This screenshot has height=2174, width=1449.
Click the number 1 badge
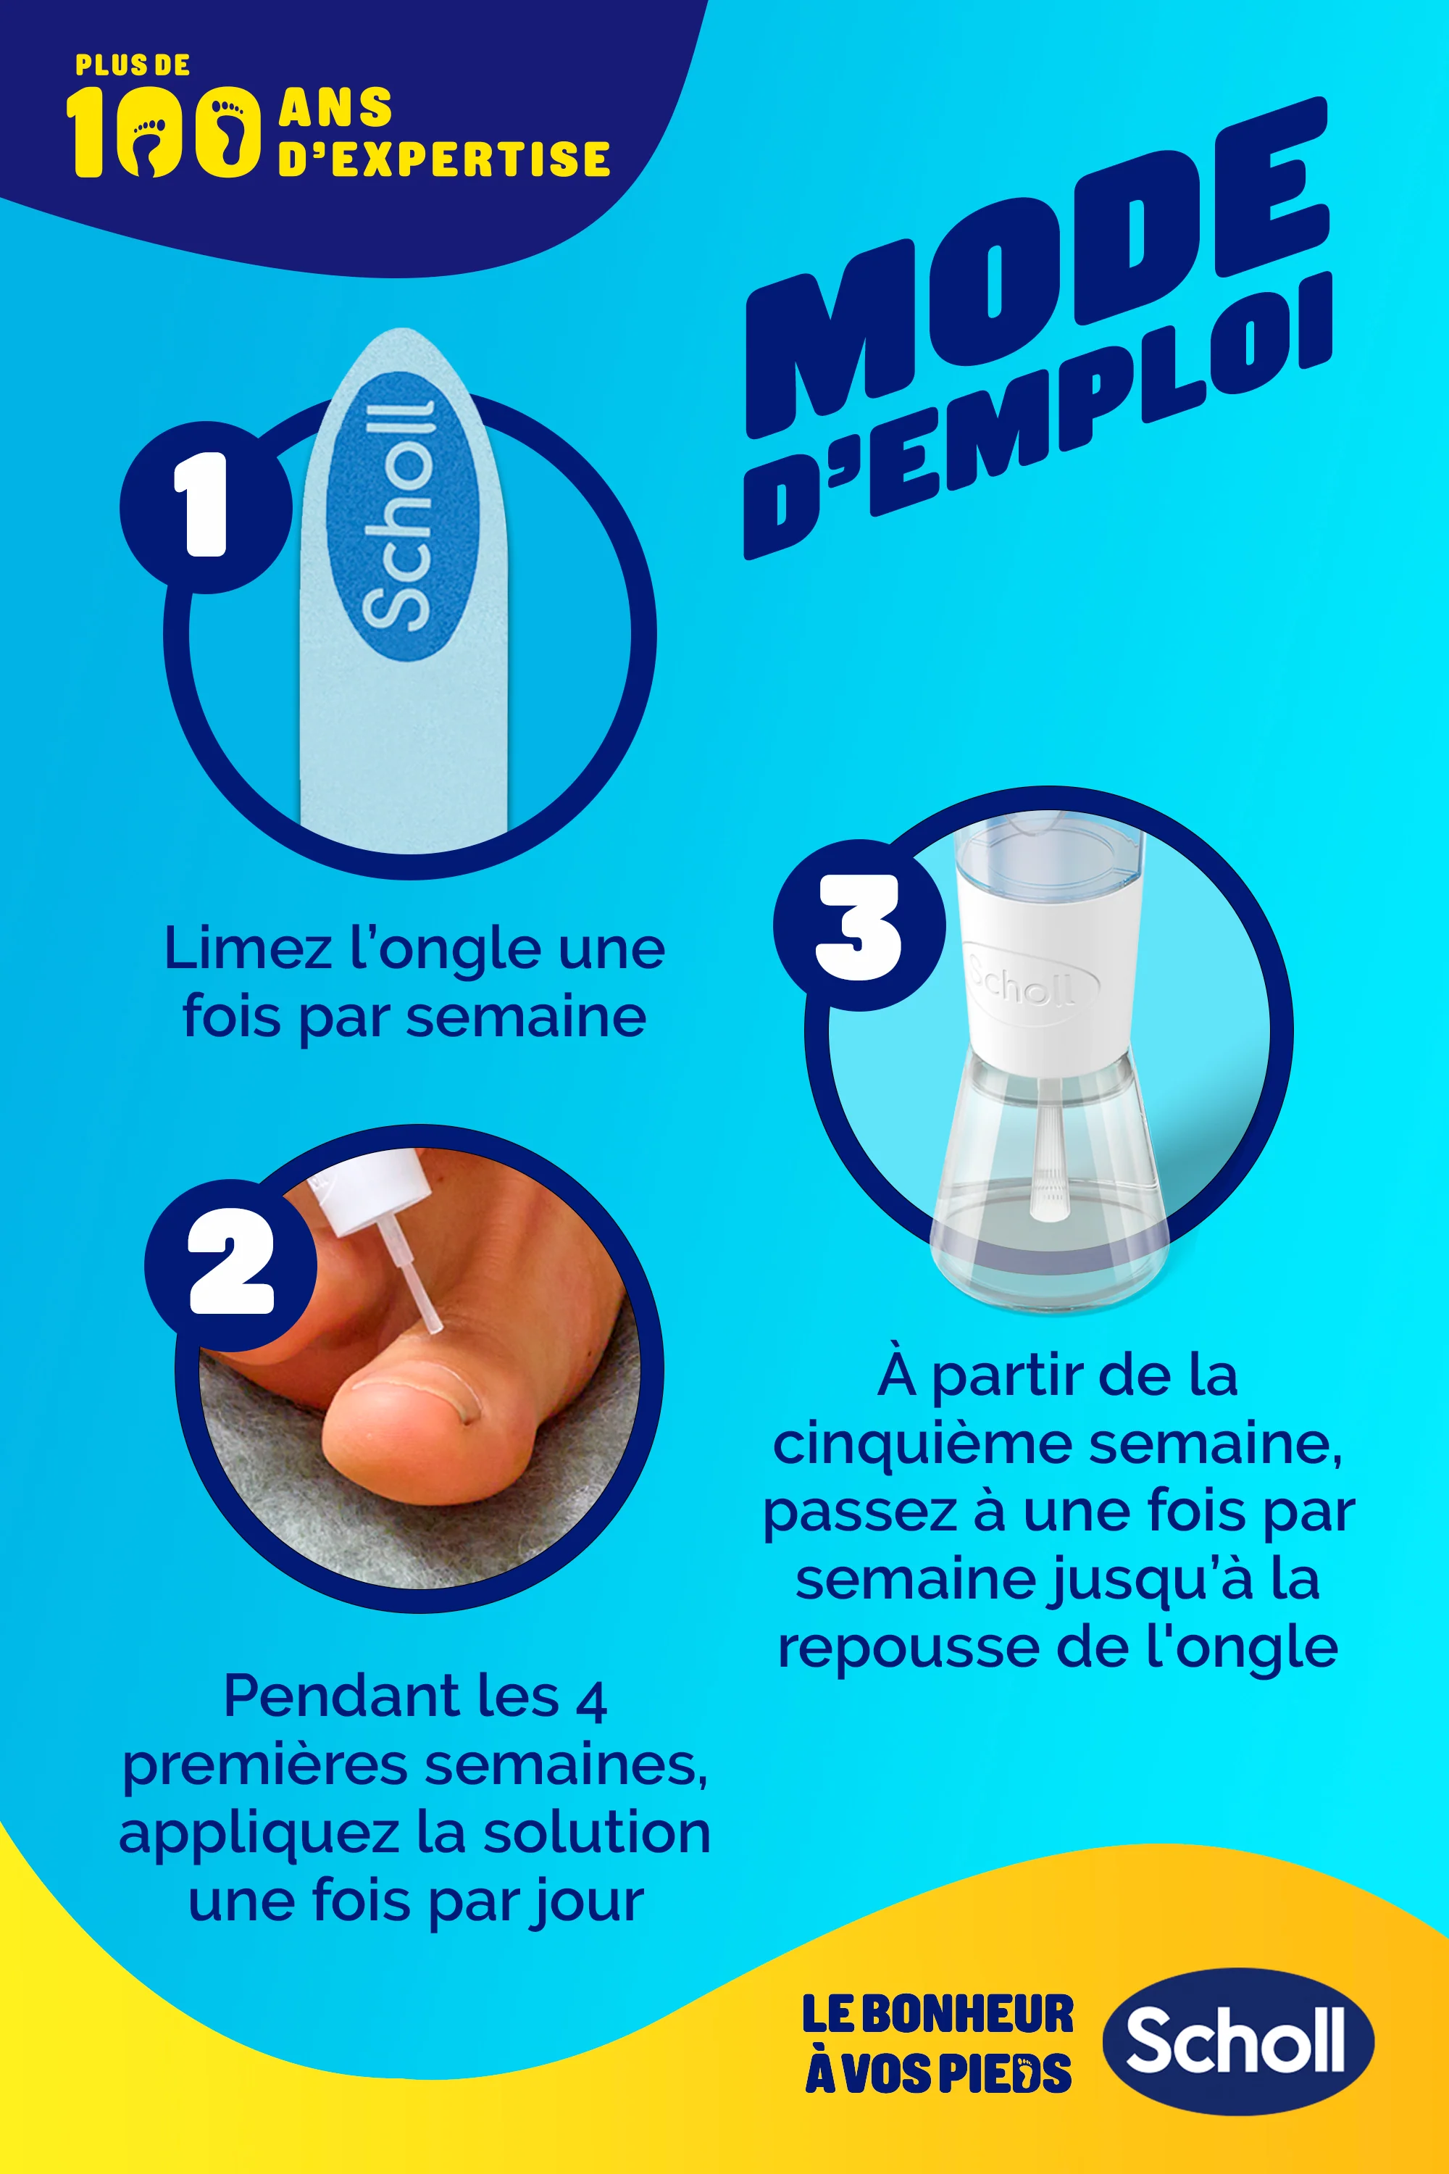[x=205, y=507]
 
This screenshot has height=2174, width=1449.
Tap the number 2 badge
[x=231, y=1265]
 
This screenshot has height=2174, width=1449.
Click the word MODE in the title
[x=1035, y=268]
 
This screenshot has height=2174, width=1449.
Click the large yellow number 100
[x=162, y=132]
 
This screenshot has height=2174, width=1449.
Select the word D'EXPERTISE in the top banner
[x=443, y=159]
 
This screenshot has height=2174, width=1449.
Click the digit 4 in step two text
[x=590, y=1701]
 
